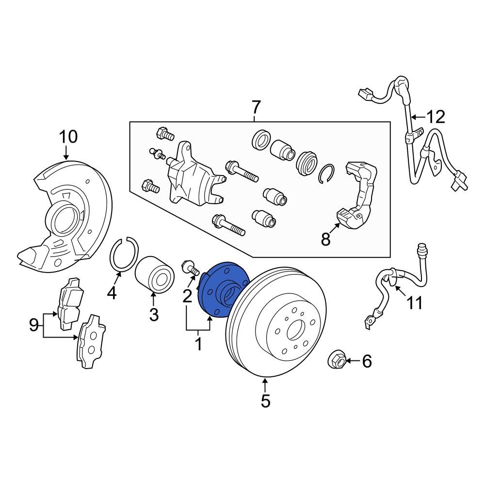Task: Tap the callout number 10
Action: [x=68, y=137]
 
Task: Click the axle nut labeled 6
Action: [x=337, y=360]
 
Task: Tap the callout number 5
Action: [x=265, y=402]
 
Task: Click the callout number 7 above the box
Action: [x=256, y=106]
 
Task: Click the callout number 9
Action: [x=33, y=324]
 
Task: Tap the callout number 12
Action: [x=435, y=117]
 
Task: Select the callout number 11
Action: [x=414, y=304]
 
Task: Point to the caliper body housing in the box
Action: [x=189, y=175]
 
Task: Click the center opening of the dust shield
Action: [x=63, y=219]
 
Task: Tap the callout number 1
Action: [x=198, y=345]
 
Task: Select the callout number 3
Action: [x=154, y=315]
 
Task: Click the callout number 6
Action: [x=367, y=361]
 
